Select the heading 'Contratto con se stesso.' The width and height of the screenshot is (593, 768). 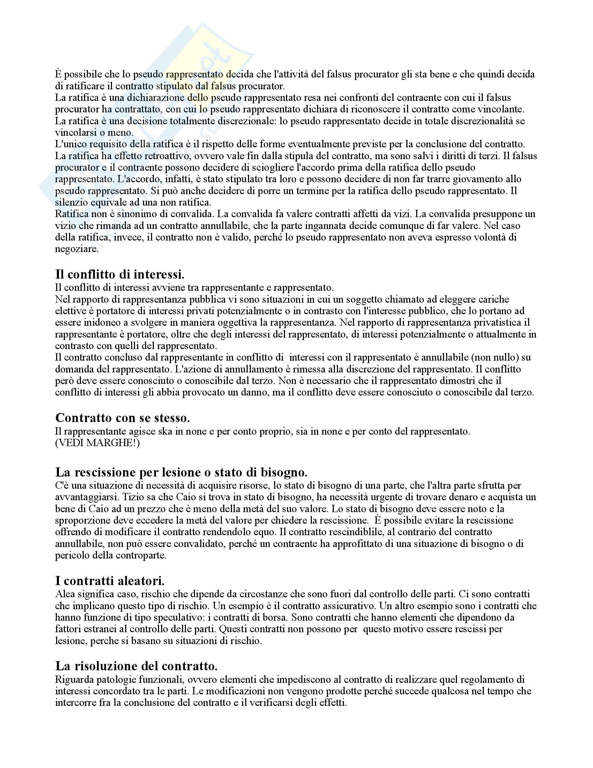click(122, 418)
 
